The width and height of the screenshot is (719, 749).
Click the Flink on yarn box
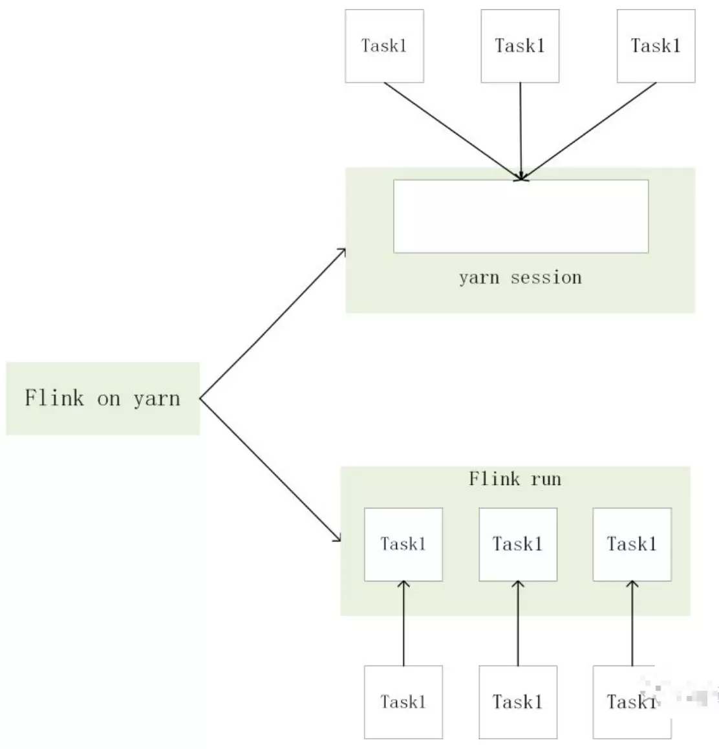pos(103,398)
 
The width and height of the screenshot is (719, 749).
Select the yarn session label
pos(520,277)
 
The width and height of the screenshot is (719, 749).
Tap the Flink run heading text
pos(515,479)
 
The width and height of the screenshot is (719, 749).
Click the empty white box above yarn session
pos(520,216)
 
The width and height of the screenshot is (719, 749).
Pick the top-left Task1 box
pos(384,46)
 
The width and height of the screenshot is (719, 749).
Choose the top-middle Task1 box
pos(520,46)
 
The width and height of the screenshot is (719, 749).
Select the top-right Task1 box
pos(656,46)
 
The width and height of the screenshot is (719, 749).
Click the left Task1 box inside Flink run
pos(403,544)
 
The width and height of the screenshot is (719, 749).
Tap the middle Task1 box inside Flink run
pos(518,544)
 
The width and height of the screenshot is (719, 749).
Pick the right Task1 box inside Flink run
pos(632,544)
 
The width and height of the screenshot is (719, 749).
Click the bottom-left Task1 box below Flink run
pos(403,702)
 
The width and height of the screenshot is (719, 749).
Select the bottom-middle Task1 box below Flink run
pos(518,702)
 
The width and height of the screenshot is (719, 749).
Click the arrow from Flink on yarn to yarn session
pos(273,324)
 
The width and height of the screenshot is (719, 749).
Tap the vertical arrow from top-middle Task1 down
pos(520,129)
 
